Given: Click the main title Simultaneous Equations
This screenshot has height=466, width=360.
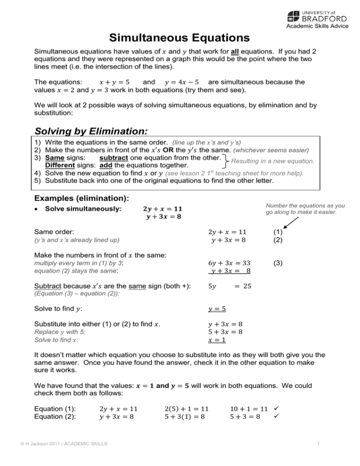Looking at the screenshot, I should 180,37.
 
